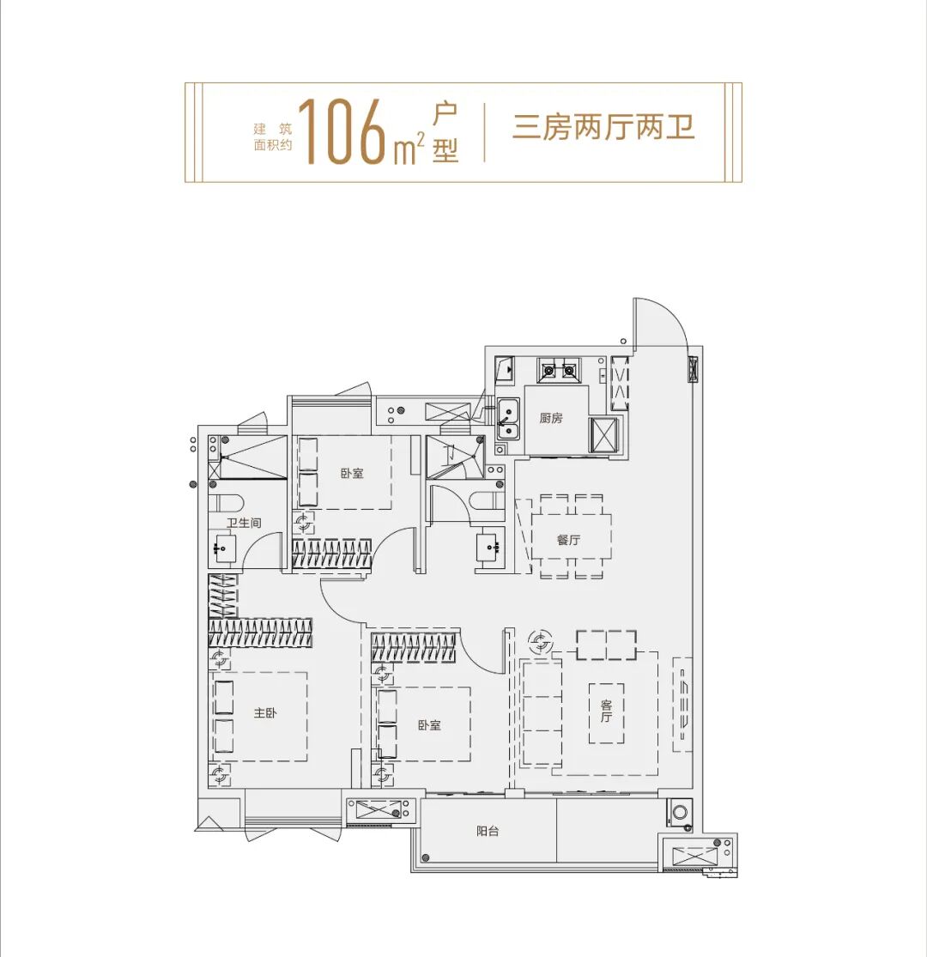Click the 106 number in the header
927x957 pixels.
pyautogui.click(x=341, y=132)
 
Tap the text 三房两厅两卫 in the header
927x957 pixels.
pyautogui.click(x=603, y=127)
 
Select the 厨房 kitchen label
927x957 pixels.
pyautogui.click(x=551, y=419)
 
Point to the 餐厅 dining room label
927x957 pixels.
pyautogui.click(x=569, y=540)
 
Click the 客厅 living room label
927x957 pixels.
pyautogui.click(x=606, y=711)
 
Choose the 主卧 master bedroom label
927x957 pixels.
pyautogui.click(x=265, y=713)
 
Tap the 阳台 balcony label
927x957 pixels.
pyautogui.click(x=488, y=831)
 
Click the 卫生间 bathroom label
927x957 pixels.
pyautogui.click(x=243, y=523)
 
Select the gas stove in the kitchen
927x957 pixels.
pyautogui.click(x=558, y=371)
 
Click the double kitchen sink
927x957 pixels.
pyautogui.click(x=508, y=419)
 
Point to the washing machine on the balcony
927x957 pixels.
pyautogui.click(x=680, y=811)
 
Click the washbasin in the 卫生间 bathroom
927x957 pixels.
pyautogui.click(x=225, y=548)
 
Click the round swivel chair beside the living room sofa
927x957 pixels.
pyautogui.click(x=541, y=639)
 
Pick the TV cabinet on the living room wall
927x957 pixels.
pyautogui.click(x=682, y=705)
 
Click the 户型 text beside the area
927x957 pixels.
pyautogui.click(x=445, y=132)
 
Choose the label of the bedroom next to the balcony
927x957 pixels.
pyautogui.click(x=429, y=725)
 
